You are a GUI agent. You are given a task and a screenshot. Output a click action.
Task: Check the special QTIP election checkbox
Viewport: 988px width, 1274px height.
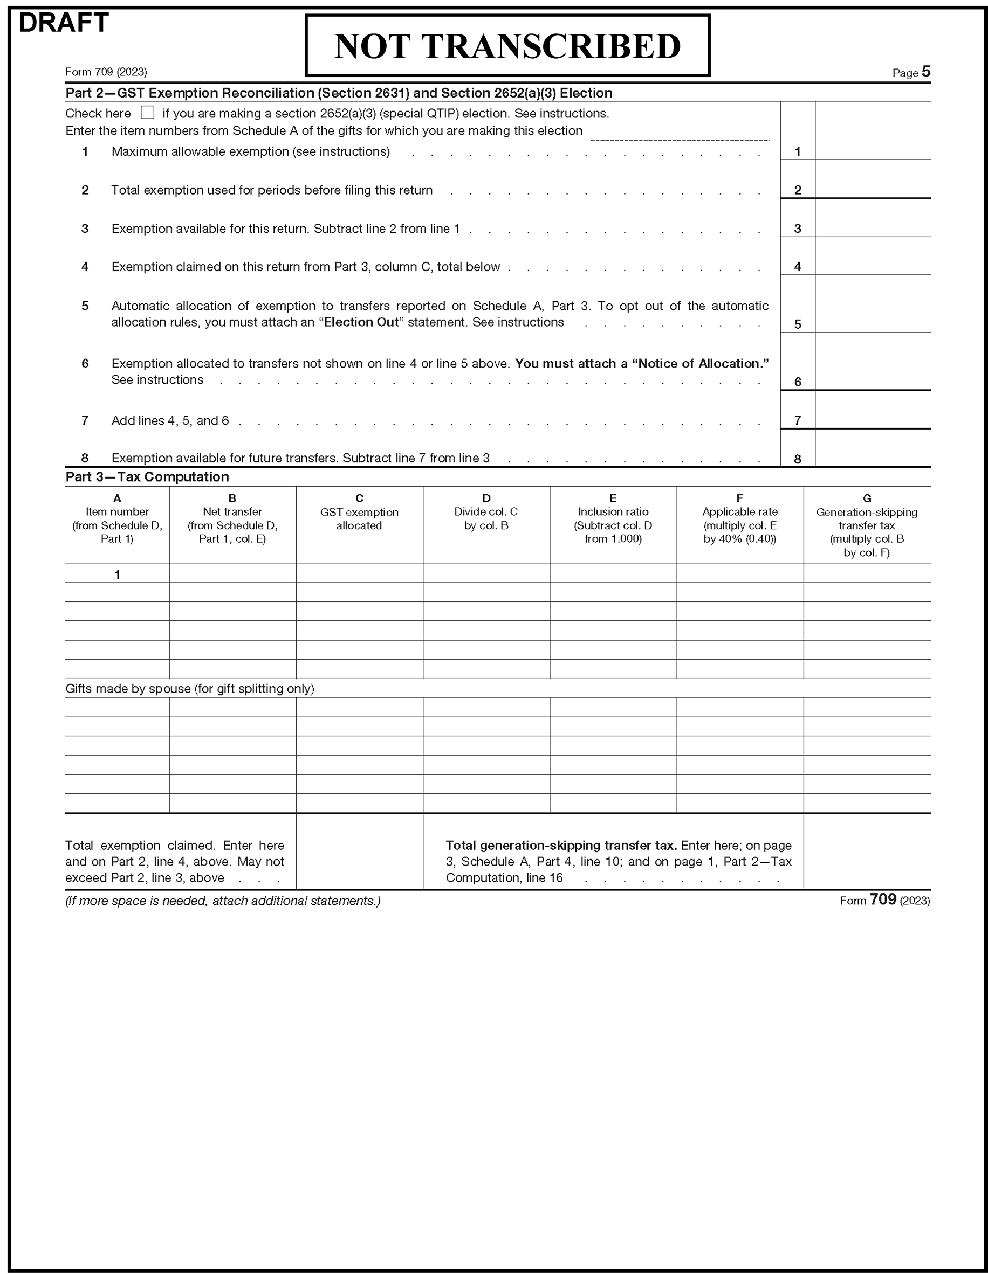[148, 113]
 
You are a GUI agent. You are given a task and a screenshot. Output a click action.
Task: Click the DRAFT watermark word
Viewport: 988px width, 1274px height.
[64, 23]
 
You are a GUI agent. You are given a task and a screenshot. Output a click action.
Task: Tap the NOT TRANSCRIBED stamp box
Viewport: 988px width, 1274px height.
[507, 45]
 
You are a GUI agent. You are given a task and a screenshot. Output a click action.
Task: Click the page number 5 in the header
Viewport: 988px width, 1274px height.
[926, 72]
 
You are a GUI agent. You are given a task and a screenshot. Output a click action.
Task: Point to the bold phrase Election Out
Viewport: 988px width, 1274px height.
[361, 322]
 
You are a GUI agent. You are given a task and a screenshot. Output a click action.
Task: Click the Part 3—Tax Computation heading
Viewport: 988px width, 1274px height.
[147, 476]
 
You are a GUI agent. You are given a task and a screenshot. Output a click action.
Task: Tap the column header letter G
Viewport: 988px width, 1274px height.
[867, 498]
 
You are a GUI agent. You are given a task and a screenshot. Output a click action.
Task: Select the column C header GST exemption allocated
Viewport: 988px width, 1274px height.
[359, 518]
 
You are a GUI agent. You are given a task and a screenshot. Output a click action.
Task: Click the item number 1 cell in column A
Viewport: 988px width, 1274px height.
[116, 574]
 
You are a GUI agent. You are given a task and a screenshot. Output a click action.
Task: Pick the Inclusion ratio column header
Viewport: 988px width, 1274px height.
[613, 518]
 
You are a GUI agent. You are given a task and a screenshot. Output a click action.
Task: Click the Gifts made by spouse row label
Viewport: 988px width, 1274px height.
[190, 688]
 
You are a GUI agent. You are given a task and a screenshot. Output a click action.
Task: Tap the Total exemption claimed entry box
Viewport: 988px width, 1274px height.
[359, 851]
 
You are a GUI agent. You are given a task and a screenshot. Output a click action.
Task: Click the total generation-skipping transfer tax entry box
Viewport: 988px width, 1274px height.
[867, 851]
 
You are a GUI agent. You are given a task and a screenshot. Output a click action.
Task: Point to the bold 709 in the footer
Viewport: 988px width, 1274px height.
[882, 899]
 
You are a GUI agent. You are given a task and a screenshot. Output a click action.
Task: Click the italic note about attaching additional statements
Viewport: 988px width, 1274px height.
[222, 901]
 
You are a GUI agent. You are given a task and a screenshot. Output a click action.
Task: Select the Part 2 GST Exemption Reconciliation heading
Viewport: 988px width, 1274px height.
[339, 93]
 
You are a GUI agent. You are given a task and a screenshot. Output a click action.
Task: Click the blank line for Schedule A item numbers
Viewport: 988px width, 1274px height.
[680, 134]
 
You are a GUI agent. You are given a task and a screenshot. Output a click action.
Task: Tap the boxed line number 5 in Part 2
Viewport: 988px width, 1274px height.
[797, 324]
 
